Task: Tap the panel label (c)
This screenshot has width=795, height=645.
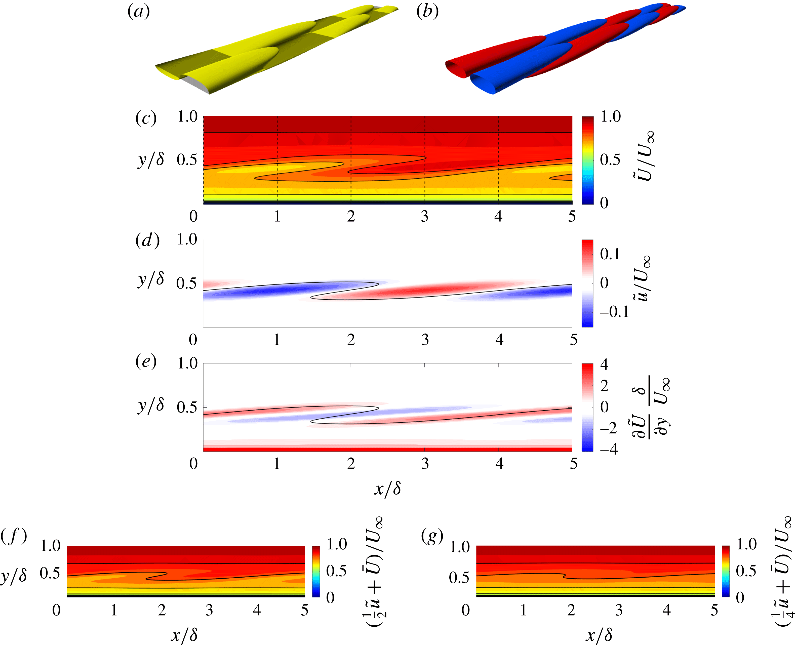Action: click(x=146, y=118)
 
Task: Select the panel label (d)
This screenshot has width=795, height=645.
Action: click(x=147, y=241)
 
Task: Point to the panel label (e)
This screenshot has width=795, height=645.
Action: click(x=146, y=361)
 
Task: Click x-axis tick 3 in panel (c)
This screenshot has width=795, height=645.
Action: click(x=425, y=216)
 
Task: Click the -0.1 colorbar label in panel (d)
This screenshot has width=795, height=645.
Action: click(x=614, y=312)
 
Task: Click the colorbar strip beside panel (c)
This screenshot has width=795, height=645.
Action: click(x=588, y=160)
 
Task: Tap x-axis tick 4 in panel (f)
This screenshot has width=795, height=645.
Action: click(x=257, y=610)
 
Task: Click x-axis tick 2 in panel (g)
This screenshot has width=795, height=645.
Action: click(x=571, y=610)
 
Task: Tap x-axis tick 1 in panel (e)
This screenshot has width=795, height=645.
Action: click(x=277, y=463)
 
